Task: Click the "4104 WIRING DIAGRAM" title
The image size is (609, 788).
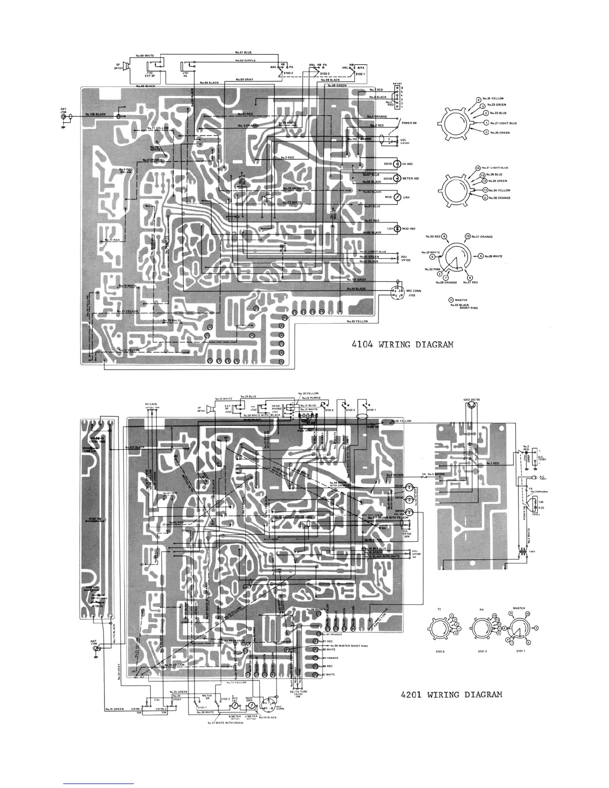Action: [x=400, y=344]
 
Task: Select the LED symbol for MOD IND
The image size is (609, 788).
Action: [x=391, y=229]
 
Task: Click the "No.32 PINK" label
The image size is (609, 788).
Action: [x=432, y=269]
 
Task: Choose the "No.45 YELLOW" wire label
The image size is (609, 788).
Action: [x=359, y=321]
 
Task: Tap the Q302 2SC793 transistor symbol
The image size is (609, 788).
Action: [x=470, y=405]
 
